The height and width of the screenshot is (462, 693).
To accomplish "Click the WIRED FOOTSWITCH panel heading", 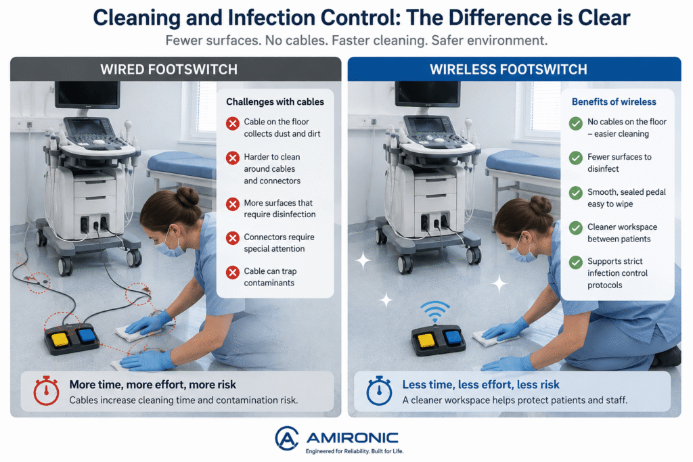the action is [169, 70].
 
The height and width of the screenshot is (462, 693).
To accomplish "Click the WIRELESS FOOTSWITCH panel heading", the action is [509, 70].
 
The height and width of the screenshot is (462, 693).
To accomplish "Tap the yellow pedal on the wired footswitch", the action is [60, 340].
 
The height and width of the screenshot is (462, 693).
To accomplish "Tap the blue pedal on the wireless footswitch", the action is [453, 338].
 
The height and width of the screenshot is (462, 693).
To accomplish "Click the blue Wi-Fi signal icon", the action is [435, 311].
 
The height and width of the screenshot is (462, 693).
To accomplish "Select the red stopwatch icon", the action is [47, 391].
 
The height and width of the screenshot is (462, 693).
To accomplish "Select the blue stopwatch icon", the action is [379, 391].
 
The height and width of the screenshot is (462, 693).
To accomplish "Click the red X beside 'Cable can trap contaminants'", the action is [233, 272].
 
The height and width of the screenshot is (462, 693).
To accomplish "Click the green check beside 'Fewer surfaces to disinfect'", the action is [576, 158].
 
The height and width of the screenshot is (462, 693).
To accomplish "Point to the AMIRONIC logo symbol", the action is [286, 438].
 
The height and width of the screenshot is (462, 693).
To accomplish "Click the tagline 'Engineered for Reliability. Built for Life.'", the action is [355, 451].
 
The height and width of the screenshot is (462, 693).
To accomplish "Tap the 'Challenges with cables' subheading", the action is [275, 102].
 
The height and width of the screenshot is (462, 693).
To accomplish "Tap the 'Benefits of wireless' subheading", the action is [614, 102].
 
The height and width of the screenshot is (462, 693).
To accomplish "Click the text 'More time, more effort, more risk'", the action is [152, 385].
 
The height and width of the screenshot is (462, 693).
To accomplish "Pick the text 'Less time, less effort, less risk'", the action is [481, 385].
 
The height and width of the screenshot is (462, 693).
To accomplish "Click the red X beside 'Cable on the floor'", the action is [233, 123].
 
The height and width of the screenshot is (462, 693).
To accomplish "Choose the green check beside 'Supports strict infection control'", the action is [576, 262].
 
